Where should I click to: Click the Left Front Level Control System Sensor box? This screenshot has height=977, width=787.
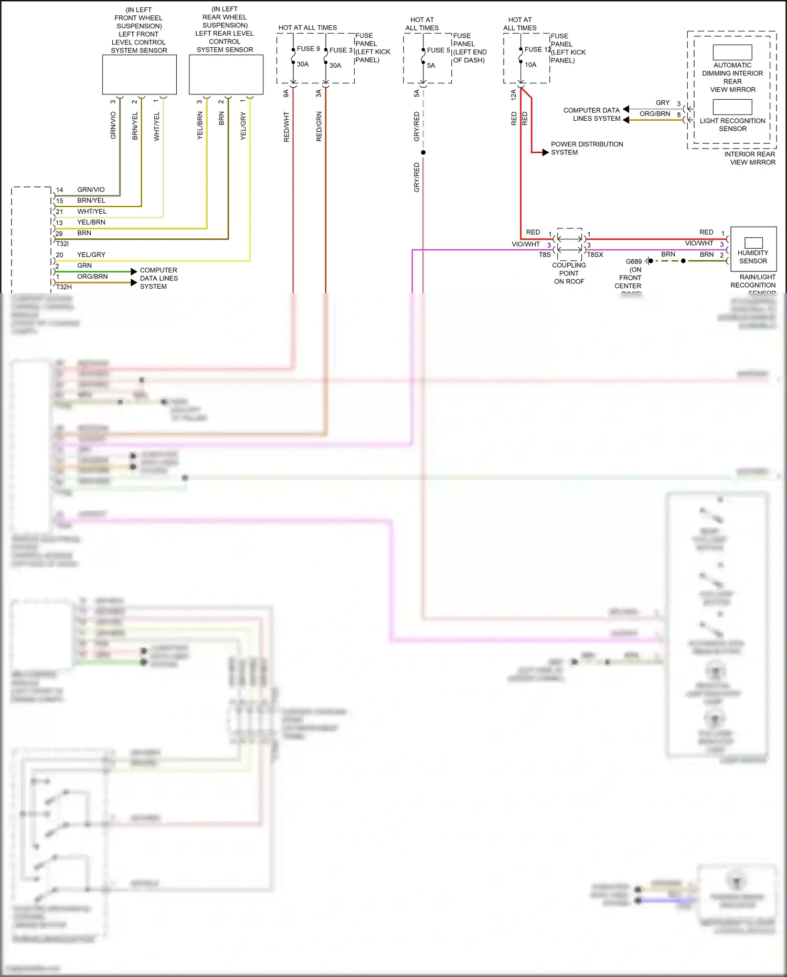[139, 75]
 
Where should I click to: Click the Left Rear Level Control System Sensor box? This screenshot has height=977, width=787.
[226, 75]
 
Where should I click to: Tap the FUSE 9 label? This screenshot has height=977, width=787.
[308, 49]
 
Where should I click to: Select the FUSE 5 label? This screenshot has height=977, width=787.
[438, 50]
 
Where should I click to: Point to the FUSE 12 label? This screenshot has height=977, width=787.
[537, 49]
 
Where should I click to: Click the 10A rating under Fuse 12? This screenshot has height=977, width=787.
[530, 65]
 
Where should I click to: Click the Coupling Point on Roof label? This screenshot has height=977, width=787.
[569, 273]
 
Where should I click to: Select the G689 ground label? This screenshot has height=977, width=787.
[633, 261]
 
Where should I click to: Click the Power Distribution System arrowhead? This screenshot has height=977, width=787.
[545, 152]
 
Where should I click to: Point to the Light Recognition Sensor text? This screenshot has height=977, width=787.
[732, 124]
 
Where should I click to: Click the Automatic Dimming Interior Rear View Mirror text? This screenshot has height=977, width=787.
[732, 77]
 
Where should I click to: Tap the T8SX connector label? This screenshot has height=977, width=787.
[595, 255]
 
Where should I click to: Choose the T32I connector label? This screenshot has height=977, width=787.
[62, 244]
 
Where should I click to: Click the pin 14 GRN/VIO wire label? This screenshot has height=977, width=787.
[91, 190]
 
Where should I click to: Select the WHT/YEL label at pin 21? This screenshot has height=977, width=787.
[92, 212]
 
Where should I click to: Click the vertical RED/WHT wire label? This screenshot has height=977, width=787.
[286, 127]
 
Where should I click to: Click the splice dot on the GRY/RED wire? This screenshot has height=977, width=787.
[423, 152]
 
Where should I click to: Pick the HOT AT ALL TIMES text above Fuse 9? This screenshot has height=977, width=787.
[307, 28]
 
